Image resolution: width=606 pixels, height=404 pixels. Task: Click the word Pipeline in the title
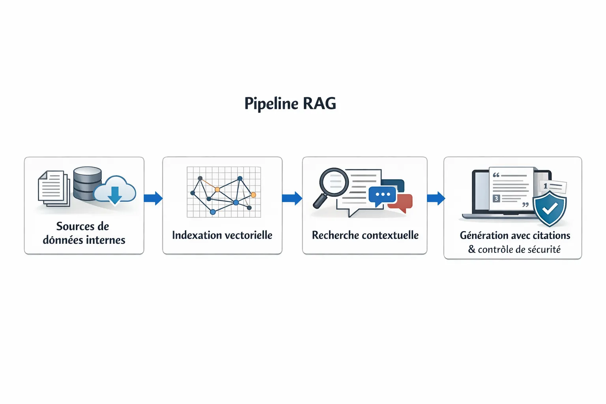click(271, 104)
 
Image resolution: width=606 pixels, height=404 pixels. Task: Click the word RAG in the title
click(319, 104)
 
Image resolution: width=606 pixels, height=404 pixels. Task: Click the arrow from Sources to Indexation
click(153, 198)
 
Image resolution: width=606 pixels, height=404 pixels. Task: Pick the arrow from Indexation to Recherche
click(292, 198)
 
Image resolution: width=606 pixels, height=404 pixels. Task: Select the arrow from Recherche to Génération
click(436, 198)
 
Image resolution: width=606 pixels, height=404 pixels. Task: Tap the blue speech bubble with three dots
click(382, 195)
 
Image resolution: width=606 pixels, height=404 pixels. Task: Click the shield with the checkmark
click(550, 209)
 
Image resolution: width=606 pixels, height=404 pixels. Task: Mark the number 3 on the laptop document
click(496, 198)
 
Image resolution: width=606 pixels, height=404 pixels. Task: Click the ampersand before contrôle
click(472, 249)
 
